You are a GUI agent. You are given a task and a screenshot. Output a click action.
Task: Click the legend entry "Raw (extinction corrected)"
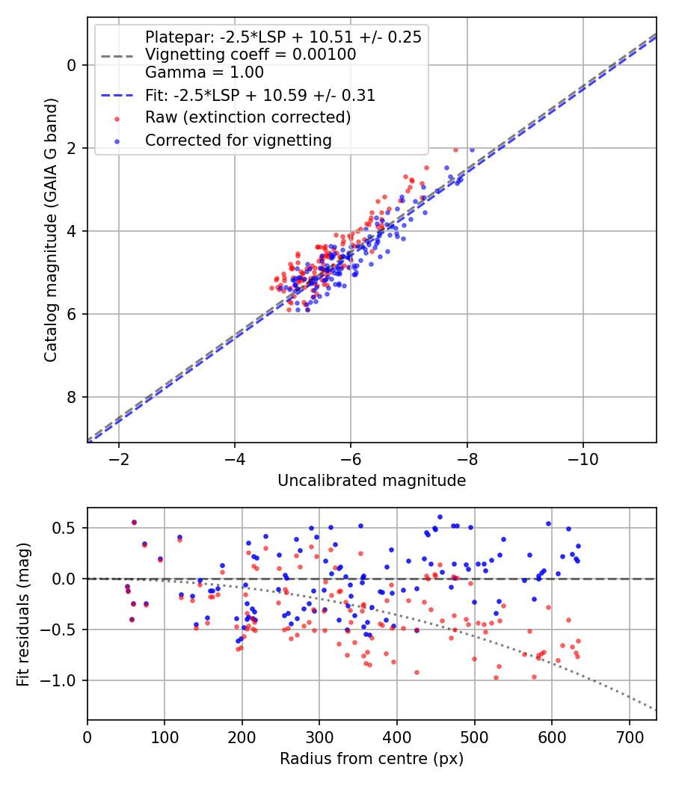(x=248, y=117)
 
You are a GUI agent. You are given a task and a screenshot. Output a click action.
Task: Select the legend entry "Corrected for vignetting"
(x=238, y=140)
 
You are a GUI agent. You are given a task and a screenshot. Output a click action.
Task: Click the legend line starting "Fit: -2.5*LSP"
(x=260, y=95)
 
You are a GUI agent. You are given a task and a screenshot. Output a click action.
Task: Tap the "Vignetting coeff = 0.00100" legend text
(x=251, y=55)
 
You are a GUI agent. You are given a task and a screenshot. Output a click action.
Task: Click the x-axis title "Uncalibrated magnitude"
(x=372, y=481)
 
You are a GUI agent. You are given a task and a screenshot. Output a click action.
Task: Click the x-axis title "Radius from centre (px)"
(x=372, y=759)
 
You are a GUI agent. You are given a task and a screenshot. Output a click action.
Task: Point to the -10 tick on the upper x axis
(x=583, y=458)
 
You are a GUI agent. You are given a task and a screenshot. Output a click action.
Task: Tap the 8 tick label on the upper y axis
(x=72, y=397)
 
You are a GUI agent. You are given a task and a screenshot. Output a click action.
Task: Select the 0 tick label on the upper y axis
(x=72, y=65)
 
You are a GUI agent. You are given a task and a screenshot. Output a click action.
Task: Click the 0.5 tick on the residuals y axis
(x=66, y=528)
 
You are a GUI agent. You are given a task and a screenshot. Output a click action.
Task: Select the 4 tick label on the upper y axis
(x=72, y=231)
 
